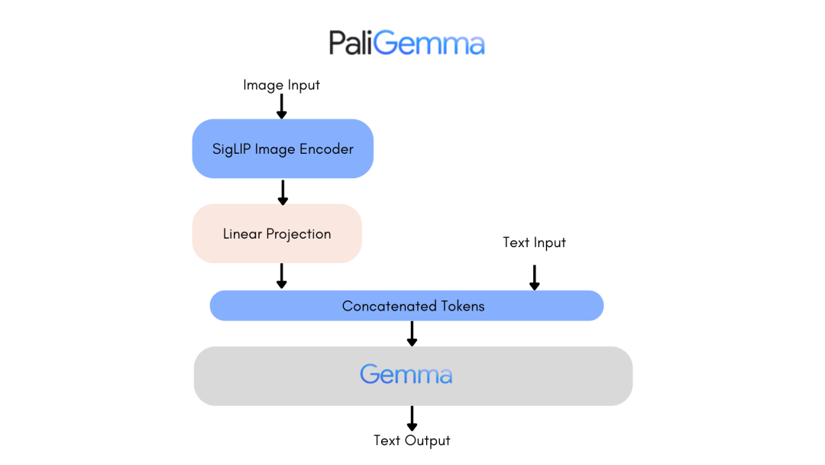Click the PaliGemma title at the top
(406, 43)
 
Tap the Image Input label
(281, 85)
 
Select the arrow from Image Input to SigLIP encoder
(281, 106)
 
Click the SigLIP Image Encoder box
(283, 149)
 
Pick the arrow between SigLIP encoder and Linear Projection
(283, 192)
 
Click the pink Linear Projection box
(277, 234)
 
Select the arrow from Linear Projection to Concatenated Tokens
(281, 276)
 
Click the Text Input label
(534, 242)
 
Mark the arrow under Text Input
(534, 277)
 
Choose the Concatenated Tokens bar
(406, 306)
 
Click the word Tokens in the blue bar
(461, 306)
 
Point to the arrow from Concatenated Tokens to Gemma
(412, 333)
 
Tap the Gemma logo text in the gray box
(406, 375)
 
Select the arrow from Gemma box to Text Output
(412, 418)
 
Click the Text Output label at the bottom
(412, 441)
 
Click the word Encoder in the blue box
(326, 149)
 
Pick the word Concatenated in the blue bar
(388, 306)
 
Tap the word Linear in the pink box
(241, 234)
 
